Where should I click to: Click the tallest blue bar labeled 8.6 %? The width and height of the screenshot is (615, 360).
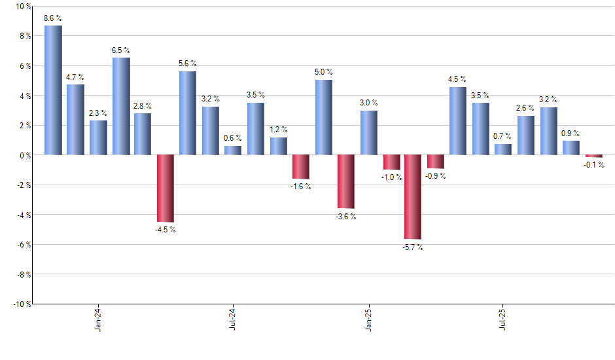[53, 90]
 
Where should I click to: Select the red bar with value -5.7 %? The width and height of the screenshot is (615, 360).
[413, 197]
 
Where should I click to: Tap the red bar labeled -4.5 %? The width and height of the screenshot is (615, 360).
[165, 189]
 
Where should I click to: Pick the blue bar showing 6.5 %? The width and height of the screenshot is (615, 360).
[121, 107]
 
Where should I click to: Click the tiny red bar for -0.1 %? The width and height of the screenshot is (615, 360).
[593, 156]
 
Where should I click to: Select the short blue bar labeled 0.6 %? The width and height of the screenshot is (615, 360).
[233, 151]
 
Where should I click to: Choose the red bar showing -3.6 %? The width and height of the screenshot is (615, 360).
[345, 181]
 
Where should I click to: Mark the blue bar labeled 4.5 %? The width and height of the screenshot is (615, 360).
[458, 121]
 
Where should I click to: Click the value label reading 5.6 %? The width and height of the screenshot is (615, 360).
[188, 63]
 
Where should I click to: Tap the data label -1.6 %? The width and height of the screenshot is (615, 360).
[301, 187]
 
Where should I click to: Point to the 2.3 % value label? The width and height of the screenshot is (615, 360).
[98, 113]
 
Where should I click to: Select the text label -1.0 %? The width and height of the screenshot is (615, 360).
[391, 177]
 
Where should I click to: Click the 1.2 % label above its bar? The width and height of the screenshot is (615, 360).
[279, 130]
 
